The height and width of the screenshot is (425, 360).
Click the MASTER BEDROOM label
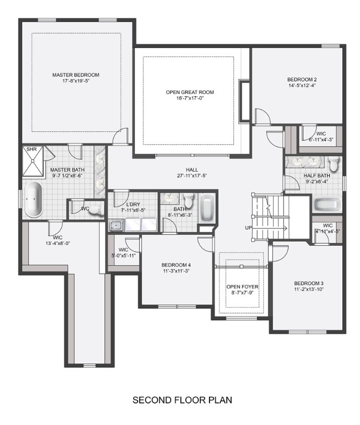(x=76, y=75)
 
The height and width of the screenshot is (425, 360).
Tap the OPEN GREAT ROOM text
(x=190, y=92)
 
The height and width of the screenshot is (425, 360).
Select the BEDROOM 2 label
(x=301, y=79)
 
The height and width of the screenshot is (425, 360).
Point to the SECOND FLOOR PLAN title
(x=182, y=399)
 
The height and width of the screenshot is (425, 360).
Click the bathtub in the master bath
(x=34, y=199)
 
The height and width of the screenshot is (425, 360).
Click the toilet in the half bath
(x=333, y=164)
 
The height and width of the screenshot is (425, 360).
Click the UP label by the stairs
(x=249, y=228)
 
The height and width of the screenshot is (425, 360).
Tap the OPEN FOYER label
(x=242, y=287)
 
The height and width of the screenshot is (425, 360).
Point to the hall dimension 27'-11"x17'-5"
(x=192, y=176)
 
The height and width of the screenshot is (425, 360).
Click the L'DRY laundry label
(x=132, y=204)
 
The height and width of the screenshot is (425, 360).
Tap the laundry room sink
(x=117, y=225)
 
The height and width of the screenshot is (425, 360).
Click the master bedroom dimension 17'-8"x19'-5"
(x=76, y=81)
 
